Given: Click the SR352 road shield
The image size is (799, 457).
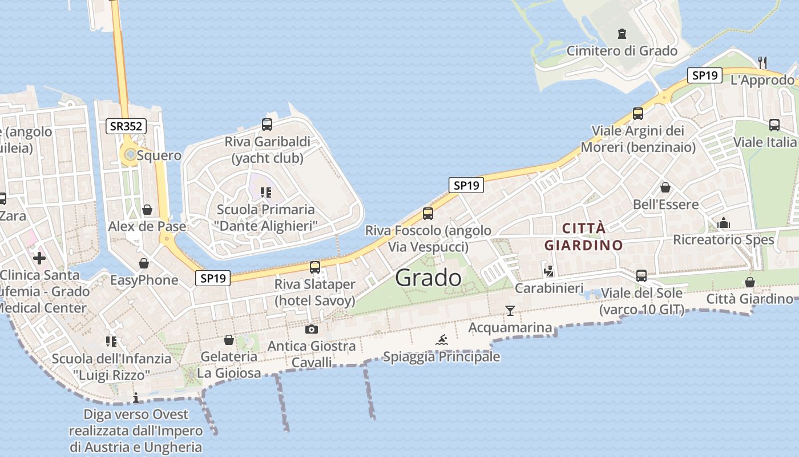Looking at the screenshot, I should point(126,126).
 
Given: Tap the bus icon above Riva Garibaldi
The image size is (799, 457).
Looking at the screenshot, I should point(267,124).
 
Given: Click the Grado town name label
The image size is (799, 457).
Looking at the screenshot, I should point(428,278).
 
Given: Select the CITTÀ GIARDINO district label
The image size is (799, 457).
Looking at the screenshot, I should point(584,237).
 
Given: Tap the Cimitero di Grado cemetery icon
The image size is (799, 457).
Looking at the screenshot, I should point(622,34).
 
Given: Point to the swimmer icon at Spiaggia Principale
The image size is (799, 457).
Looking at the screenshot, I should point(442,340).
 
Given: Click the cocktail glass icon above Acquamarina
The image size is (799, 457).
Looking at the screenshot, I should point(510,310).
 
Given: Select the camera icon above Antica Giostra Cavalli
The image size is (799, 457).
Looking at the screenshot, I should point(311,329).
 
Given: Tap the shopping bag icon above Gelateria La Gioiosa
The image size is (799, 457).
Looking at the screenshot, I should point(229,340).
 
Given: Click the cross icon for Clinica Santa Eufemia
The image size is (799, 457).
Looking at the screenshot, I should point(39,258).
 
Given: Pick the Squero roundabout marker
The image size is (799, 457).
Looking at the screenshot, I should point(131,154).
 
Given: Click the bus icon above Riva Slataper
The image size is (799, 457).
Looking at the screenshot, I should point(314,267).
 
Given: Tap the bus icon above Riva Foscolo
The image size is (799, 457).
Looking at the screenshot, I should point(428,214).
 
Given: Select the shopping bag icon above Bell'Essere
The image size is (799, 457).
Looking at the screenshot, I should point(665,187).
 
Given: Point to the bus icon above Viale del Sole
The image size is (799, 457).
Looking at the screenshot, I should point(641,276).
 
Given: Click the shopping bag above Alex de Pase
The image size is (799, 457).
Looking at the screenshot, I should point(147,210).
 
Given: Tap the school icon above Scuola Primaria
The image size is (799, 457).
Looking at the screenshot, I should point(265,192).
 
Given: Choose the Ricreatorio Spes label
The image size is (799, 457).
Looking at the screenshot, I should point(724,239).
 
